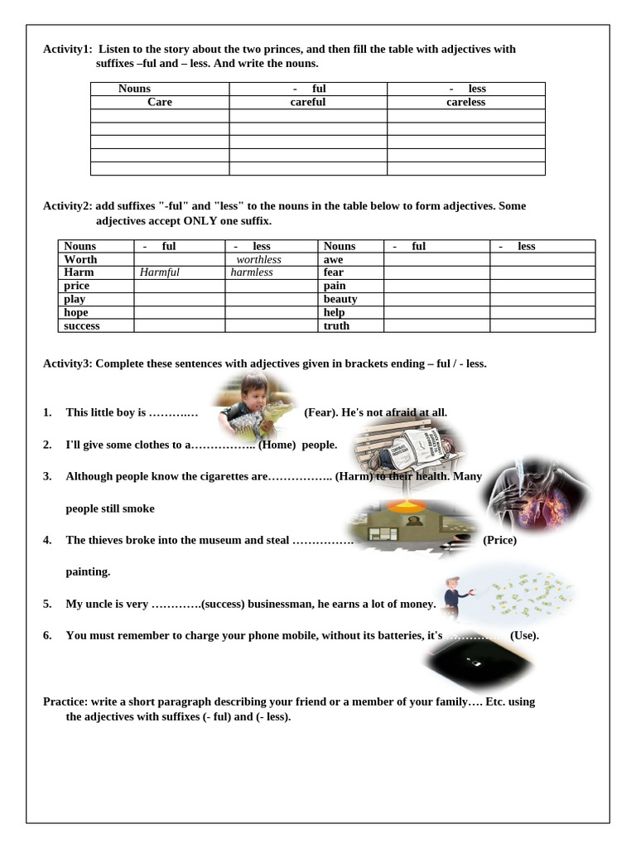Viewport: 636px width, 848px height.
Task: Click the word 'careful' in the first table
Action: pyautogui.click(x=307, y=102)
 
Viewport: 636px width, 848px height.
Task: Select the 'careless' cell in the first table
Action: pyautogui.click(x=465, y=102)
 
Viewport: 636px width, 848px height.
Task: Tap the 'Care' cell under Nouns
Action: pyautogui.click(x=160, y=102)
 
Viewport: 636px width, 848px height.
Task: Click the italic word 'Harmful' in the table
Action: pyautogui.click(x=160, y=272)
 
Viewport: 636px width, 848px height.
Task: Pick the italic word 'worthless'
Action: pyautogui.click(x=258, y=259)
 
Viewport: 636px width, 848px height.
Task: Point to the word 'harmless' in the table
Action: pyautogui.click(x=252, y=272)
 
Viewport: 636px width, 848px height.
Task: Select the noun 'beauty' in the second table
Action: pyautogui.click(x=340, y=299)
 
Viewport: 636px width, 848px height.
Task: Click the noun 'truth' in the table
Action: pyautogui.click(x=336, y=325)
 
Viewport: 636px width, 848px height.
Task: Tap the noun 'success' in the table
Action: pyautogui.click(x=82, y=325)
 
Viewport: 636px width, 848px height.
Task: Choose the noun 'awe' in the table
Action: pyautogui.click(x=333, y=259)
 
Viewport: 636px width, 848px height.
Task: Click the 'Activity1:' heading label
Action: pyautogui.click(x=68, y=49)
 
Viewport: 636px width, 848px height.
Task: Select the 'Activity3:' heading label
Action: pyautogui.click(x=68, y=364)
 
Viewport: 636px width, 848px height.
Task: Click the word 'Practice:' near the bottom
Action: pyautogui.click(x=65, y=701)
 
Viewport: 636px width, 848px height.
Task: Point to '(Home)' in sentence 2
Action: pyautogui.click(x=277, y=445)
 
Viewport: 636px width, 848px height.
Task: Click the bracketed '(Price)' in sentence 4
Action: pyautogui.click(x=499, y=540)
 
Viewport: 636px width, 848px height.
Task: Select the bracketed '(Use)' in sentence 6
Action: pyautogui.click(x=524, y=635)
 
